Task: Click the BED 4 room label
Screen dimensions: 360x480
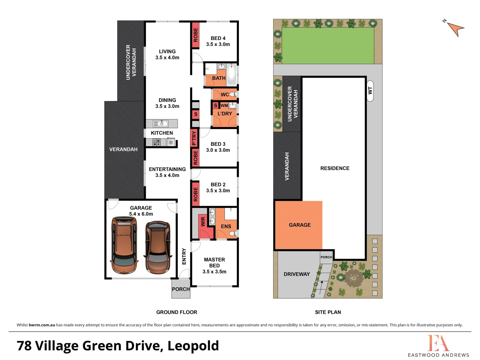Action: click(218, 38)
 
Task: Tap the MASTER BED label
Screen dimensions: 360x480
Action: click(214, 262)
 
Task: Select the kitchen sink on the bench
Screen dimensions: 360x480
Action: click(160, 124)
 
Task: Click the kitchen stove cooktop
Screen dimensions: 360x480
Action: click(157, 142)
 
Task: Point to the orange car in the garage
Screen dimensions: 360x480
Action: click(124, 245)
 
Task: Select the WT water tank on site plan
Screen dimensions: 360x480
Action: click(370, 91)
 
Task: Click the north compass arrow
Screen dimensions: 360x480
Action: click(455, 28)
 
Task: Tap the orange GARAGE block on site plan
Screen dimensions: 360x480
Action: click(299, 225)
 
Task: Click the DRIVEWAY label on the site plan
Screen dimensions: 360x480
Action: click(297, 274)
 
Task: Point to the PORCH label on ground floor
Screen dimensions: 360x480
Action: click(180, 289)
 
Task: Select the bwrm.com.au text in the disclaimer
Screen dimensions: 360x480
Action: click(42, 325)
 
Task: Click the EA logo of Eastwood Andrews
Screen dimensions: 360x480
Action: click(438, 343)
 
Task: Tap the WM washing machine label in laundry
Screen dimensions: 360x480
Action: click(224, 106)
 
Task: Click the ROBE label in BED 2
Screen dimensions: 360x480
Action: click(195, 194)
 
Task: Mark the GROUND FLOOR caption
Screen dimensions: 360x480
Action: click(176, 312)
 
